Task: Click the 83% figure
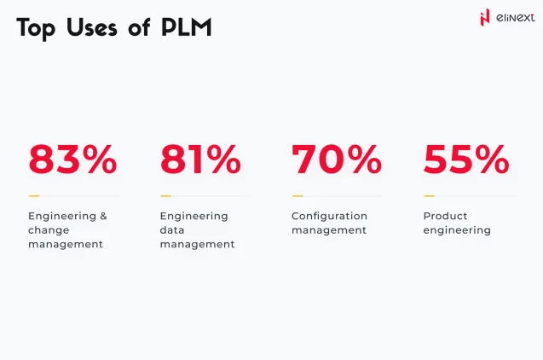tap(72, 160)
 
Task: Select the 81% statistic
tap(201, 160)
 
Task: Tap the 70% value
tap(336, 160)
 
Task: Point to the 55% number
tap(466, 160)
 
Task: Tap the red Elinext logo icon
tap(486, 17)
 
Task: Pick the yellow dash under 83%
tap(33, 196)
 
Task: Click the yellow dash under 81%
tap(165, 196)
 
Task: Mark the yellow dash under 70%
tap(297, 196)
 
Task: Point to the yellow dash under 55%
tap(429, 196)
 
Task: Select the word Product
tap(445, 217)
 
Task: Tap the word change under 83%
tap(49, 230)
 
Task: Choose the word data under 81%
tap(173, 230)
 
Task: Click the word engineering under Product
tap(457, 230)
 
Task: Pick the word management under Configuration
tap(329, 230)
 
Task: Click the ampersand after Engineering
tap(103, 217)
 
